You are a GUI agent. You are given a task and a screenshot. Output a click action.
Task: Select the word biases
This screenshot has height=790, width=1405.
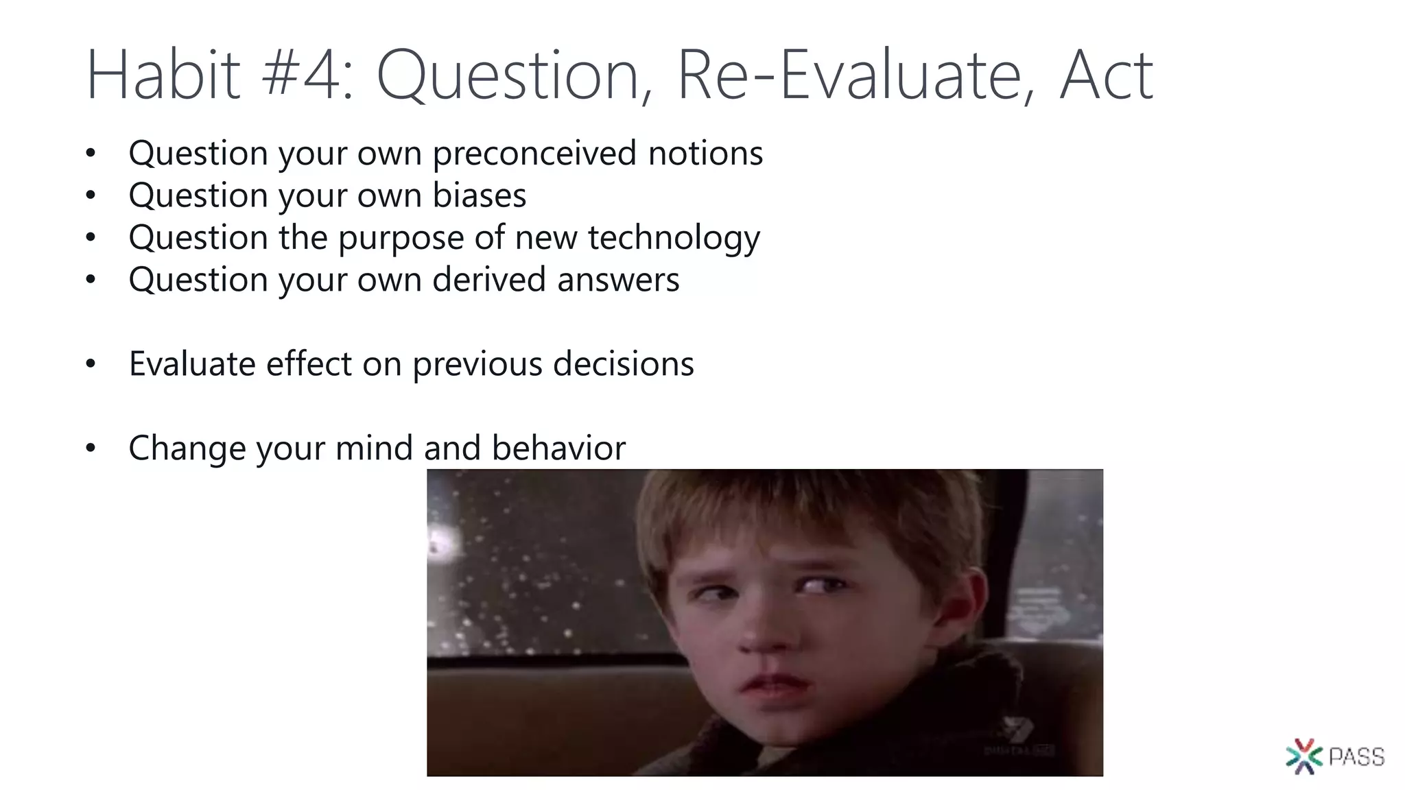[479, 195]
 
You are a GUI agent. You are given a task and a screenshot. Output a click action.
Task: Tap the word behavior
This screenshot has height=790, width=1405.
[558, 448]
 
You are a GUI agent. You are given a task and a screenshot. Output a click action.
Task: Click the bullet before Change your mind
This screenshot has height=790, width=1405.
[91, 448]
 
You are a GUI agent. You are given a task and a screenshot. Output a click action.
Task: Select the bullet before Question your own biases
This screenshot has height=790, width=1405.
[91, 196]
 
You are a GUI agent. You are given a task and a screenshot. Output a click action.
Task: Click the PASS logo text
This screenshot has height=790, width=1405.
[1356, 757]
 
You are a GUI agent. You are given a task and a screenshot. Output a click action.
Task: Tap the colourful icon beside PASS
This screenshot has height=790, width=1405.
[1303, 756]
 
